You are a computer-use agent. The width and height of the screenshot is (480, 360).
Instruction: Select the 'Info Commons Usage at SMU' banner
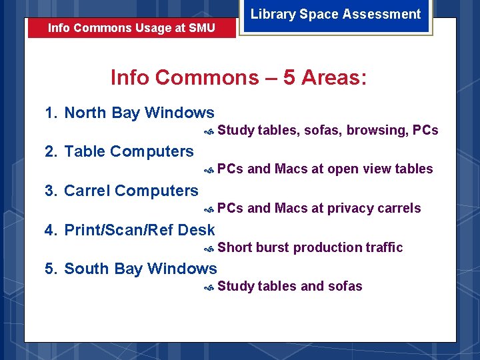131,29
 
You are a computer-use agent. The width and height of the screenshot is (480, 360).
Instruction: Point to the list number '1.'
51,113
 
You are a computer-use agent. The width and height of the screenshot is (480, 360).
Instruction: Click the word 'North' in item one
85,113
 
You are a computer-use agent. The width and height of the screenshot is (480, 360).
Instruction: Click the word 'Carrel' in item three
87,191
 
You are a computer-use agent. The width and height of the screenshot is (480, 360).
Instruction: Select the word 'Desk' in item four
197,230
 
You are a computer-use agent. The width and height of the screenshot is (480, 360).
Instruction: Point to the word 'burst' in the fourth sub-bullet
273,247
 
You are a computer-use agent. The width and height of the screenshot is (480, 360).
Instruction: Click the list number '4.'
51,230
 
